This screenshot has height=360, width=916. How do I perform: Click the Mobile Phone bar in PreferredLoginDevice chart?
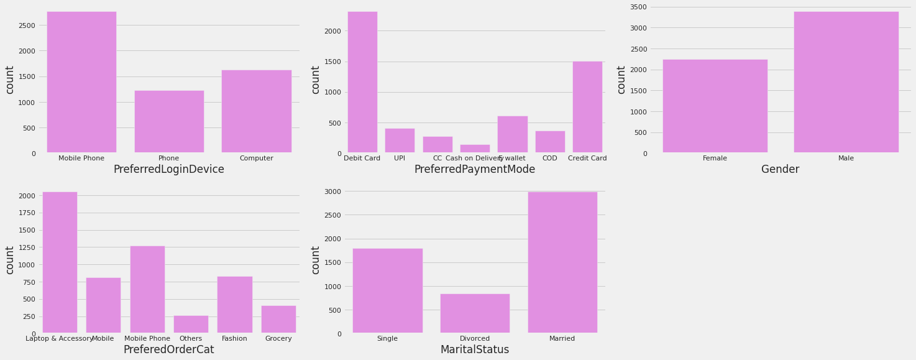(81, 82)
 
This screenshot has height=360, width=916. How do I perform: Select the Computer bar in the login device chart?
(256, 111)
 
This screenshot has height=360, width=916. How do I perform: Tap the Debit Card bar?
(362, 82)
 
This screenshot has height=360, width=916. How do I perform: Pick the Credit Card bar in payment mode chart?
(587, 107)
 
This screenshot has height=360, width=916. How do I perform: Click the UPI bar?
(400, 141)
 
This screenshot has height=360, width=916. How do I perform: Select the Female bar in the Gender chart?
(715, 106)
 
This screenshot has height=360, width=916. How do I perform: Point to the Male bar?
(846, 82)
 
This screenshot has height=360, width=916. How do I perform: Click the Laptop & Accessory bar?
(60, 262)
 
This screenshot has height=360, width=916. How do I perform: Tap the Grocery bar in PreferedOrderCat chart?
(278, 319)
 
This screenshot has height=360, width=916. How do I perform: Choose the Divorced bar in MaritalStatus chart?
(475, 313)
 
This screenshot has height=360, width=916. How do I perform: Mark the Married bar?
(562, 262)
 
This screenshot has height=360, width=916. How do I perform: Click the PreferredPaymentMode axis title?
(474, 170)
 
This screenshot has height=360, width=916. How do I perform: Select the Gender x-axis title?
(780, 170)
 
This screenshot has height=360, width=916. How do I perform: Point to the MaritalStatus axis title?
(474, 350)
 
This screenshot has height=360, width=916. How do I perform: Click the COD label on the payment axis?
(550, 159)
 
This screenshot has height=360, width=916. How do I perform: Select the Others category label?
(191, 339)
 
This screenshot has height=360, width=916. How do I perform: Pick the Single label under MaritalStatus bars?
(387, 339)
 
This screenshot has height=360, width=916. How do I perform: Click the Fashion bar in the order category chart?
(234, 305)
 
